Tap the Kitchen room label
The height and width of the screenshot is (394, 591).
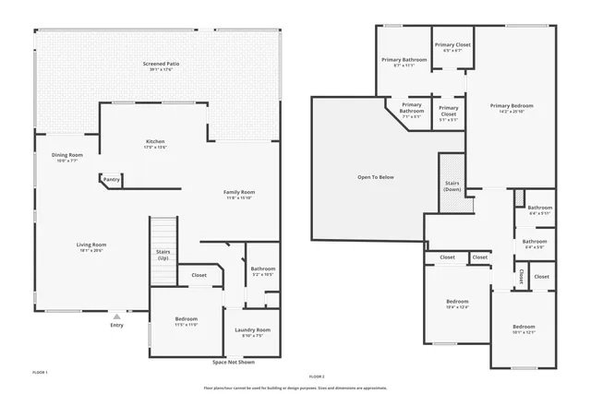click(155, 141)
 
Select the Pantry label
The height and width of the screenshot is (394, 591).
click(112, 179)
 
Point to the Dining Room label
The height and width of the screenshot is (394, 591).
click(66, 155)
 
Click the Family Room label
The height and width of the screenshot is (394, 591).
click(238, 192)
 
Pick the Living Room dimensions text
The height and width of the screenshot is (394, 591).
click(91, 250)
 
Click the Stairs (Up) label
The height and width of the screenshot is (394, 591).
click(163, 255)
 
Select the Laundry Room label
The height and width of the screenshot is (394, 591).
click(252, 329)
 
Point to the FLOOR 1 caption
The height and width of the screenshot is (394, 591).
click(40, 372)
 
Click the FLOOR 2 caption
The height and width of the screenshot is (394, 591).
click(317, 376)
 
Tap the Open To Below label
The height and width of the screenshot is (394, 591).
click(376, 177)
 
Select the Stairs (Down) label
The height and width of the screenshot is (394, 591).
click(452, 185)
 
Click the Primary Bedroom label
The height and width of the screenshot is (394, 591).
click(512, 106)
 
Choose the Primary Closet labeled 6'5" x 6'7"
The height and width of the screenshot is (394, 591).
click(452, 45)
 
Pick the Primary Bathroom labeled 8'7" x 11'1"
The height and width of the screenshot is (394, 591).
click(404, 60)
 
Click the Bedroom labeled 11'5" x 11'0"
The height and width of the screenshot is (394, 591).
click(187, 319)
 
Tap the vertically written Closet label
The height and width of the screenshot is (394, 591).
click(521, 276)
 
